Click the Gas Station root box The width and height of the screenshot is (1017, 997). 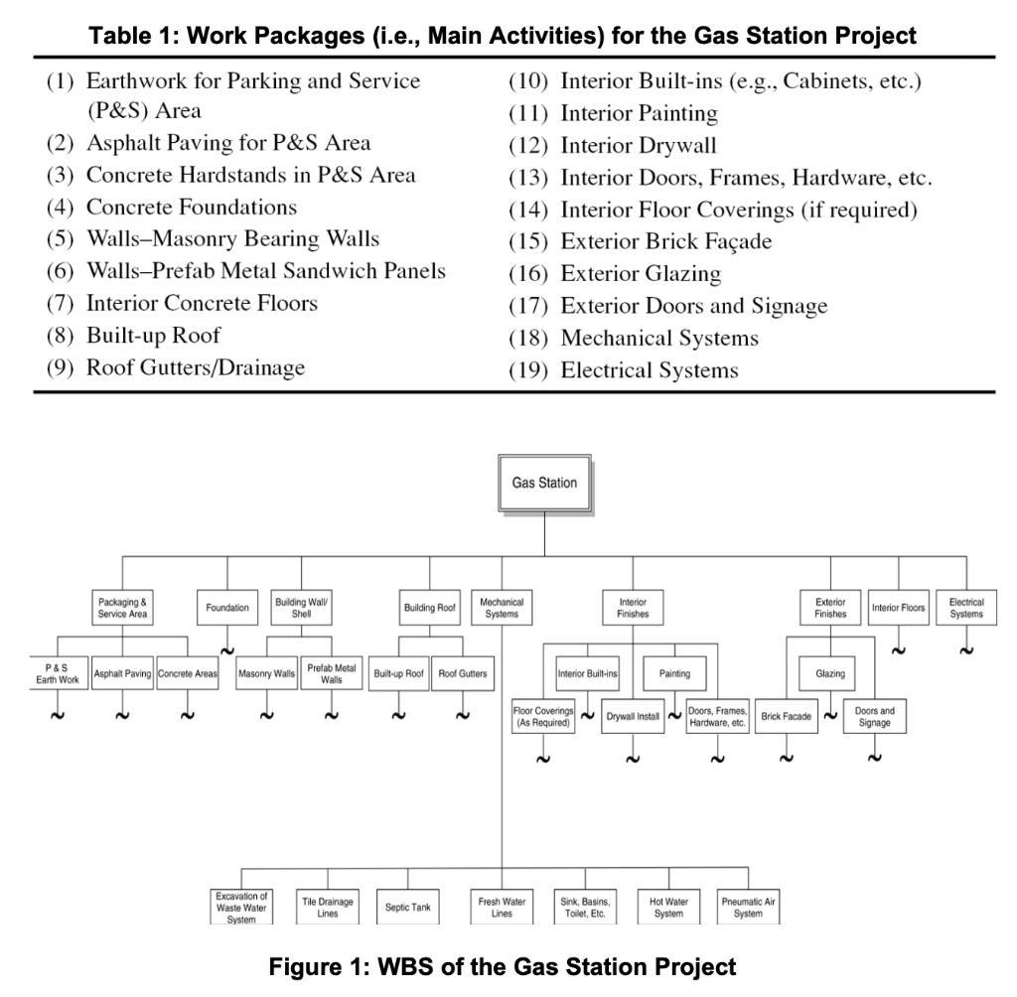[x=544, y=484]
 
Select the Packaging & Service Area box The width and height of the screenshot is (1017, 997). [x=123, y=608]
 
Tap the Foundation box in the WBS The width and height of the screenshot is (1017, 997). [x=227, y=608]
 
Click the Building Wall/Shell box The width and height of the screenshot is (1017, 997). [x=302, y=608]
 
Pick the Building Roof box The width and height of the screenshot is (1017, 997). [x=429, y=608]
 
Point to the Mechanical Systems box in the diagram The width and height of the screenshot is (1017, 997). [x=502, y=608]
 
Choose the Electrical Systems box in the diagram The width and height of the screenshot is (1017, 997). [x=966, y=608]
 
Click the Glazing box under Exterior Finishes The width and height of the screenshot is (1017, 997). [x=830, y=673]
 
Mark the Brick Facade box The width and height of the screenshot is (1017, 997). [x=786, y=716]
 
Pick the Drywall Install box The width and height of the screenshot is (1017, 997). [x=633, y=716]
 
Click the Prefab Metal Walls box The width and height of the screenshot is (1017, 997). [x=332, y=673]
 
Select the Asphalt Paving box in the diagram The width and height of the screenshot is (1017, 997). [x=122, y=673]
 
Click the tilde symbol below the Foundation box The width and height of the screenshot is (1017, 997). [x=227, y=651]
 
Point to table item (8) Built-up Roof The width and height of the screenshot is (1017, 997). [x=153, y=335]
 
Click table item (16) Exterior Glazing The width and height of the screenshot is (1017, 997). [x=641, y=273]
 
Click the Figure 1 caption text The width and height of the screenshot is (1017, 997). [x=508, y=967]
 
